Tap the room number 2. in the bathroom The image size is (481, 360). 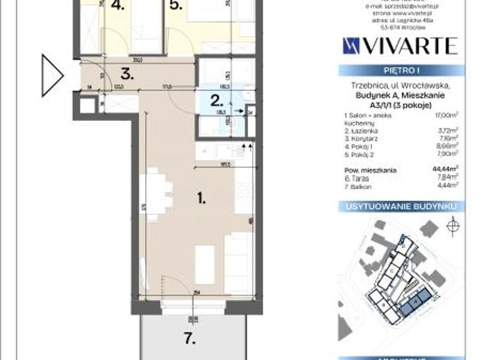tap(216, 100)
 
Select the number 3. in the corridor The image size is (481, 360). tap(128, 74)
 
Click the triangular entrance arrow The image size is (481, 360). tap(52, 76)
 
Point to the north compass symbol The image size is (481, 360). tap(452, 225)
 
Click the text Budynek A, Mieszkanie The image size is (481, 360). tap(399, 95)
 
